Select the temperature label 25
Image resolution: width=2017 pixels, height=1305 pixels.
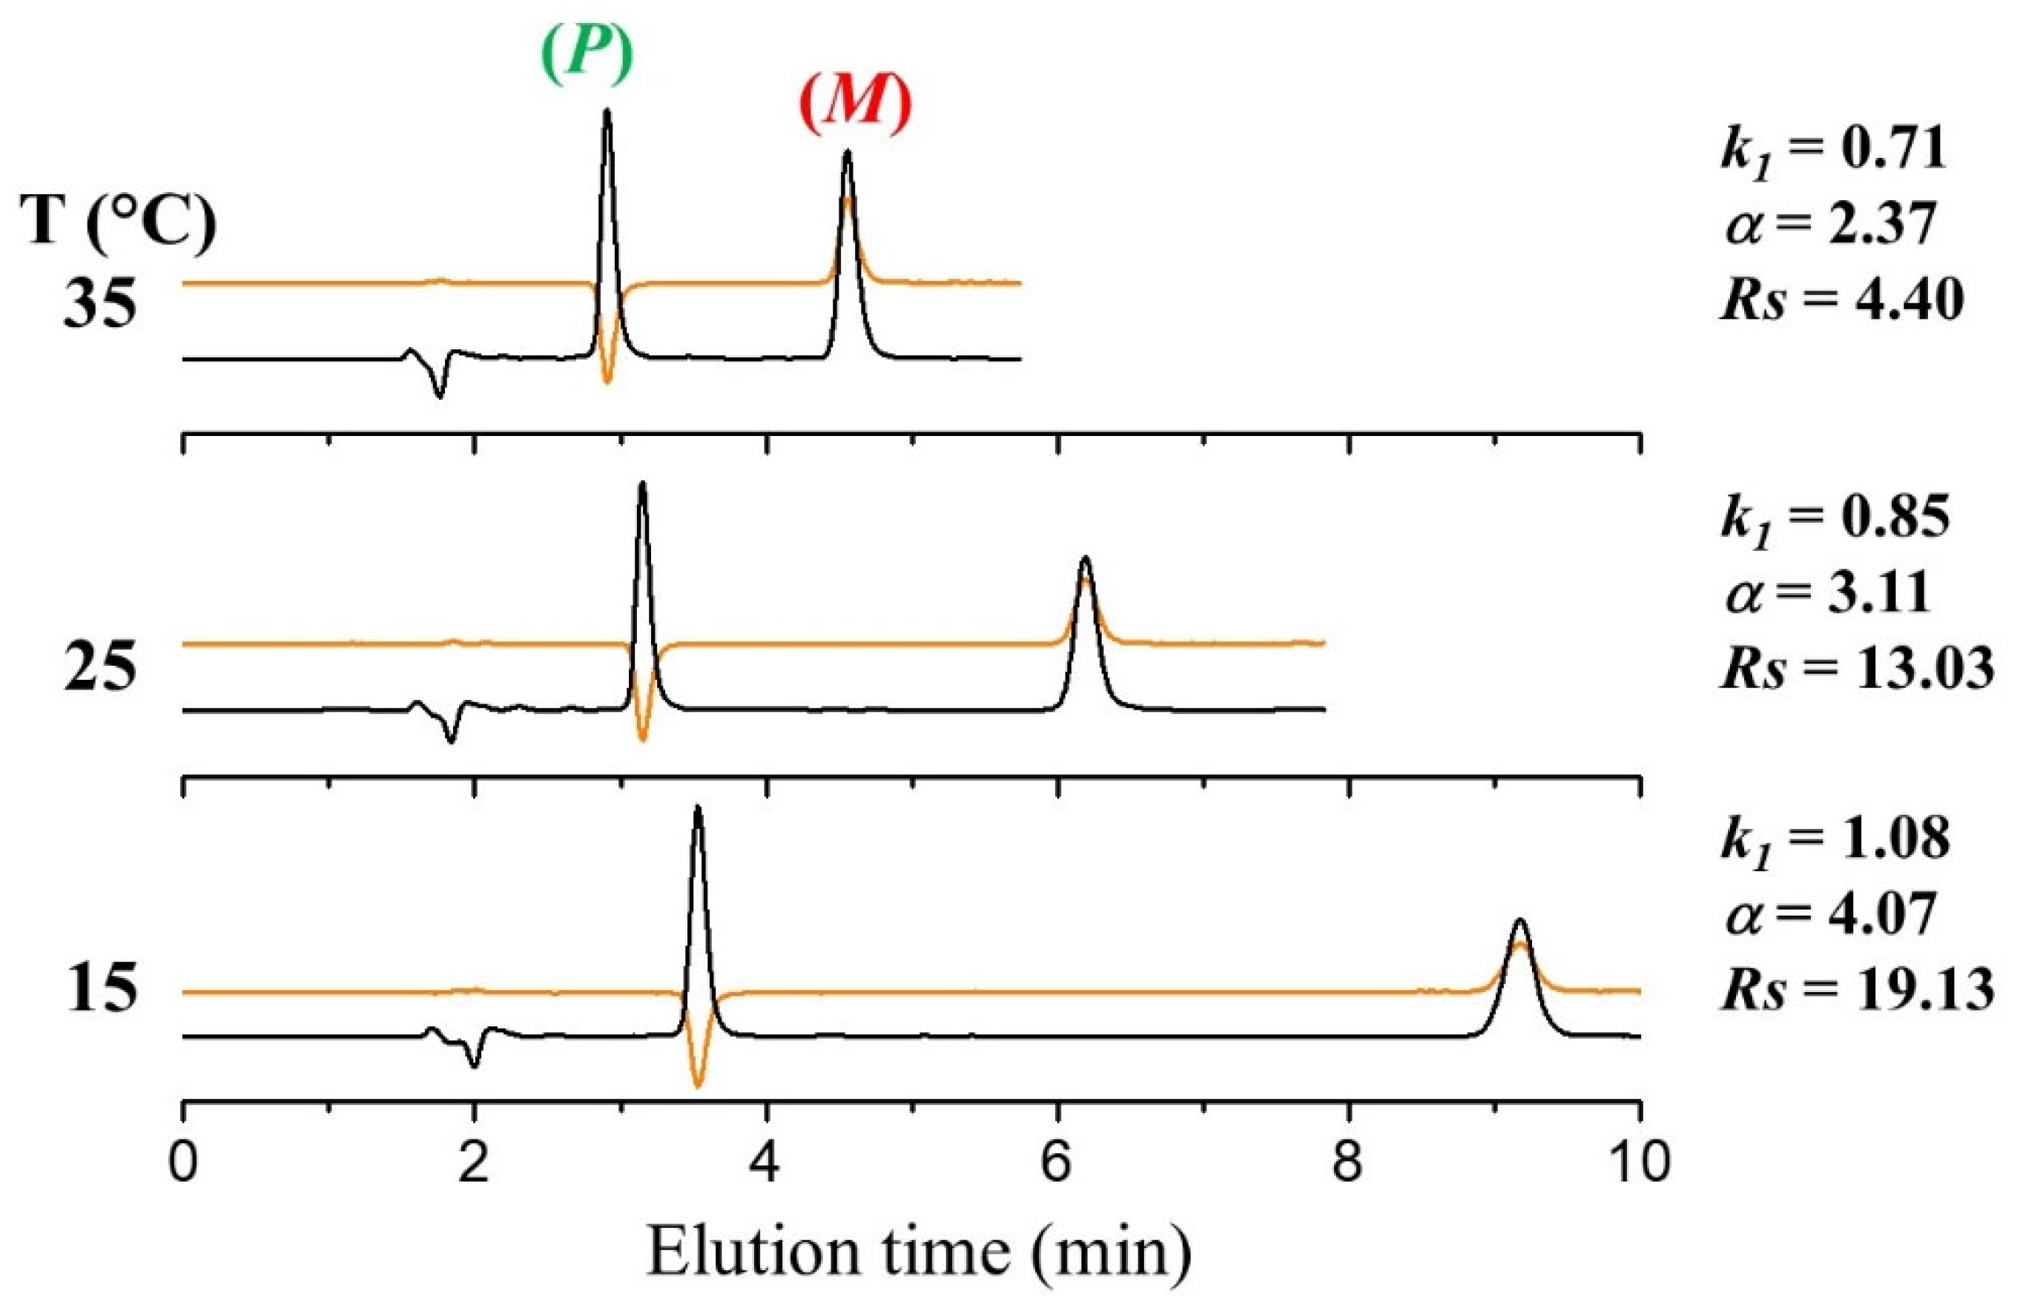[99, 668]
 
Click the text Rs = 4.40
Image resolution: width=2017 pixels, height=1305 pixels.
[1841, 299]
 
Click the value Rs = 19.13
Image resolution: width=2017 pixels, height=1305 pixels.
[1856, 989]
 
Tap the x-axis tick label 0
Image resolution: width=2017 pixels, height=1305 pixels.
[183, 1162]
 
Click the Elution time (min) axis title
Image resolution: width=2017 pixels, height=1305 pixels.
[919, 1250]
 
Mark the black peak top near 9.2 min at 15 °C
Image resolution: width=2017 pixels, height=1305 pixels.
[1519, 920]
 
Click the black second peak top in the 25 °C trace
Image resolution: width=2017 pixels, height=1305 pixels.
[1085, 558]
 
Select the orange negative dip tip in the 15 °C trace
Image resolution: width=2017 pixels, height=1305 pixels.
[698, 1086]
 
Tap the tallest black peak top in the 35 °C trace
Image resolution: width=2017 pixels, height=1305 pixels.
[606, 111]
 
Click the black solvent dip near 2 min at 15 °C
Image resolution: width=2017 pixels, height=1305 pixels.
[475, 1066]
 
